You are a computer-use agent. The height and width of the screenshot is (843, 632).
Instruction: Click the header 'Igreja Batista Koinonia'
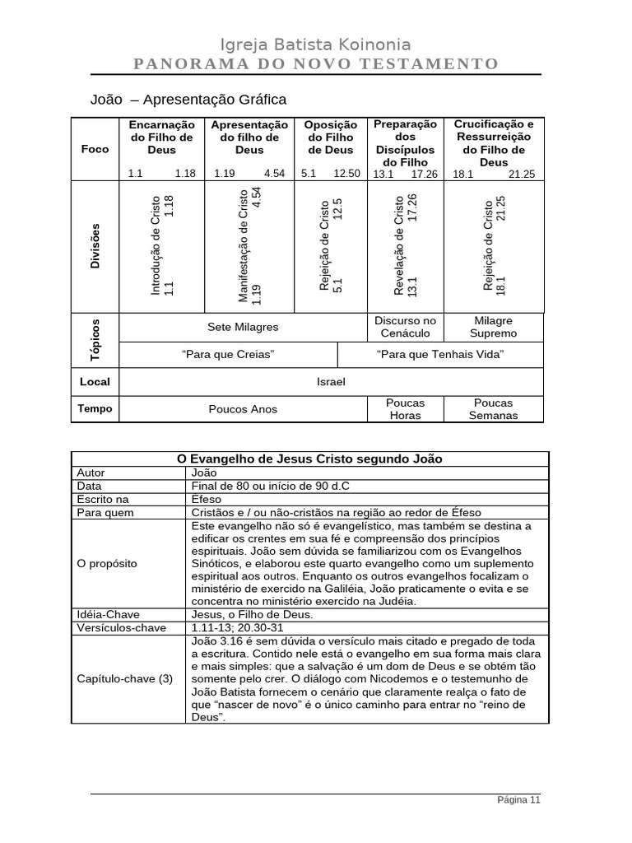(x=316, y=45)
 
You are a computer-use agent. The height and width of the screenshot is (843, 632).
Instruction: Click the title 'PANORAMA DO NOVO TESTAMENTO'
(x=316, y=64)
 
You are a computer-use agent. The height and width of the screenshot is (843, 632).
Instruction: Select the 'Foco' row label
(x=95, y=149)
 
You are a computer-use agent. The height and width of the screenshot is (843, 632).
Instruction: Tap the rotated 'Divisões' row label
(x=95, y=245)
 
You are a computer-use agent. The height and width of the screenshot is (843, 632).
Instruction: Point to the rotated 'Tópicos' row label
(x=95, y=339)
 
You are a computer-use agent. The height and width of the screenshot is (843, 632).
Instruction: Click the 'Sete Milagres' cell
(x=243, y=327)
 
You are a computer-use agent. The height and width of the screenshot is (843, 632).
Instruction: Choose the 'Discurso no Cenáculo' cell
(x=405, y=327)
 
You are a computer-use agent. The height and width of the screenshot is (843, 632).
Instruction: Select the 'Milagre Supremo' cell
(x=494, y=327)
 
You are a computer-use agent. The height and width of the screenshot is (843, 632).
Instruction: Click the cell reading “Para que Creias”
(x=228, y=354)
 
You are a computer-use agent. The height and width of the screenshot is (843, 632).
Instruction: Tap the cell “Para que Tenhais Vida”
(x=440, y=354)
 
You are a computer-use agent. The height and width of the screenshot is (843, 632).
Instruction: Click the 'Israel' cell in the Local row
(x=331, y=382)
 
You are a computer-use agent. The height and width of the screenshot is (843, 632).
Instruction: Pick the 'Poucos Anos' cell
(x=243, y=409)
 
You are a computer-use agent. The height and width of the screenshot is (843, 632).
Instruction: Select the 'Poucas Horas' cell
(x=405, y=409)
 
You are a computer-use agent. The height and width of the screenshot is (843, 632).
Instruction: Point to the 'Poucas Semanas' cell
(x=494, y=409)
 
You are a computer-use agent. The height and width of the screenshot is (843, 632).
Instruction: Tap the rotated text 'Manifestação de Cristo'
(x=244, y=245)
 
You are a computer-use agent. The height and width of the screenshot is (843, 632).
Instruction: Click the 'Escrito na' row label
(x=103, y=499)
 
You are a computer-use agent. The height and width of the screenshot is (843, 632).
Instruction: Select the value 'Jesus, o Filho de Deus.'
(x=251, y=614)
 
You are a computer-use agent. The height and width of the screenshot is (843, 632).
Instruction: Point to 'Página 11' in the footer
(x=518, y=799)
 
